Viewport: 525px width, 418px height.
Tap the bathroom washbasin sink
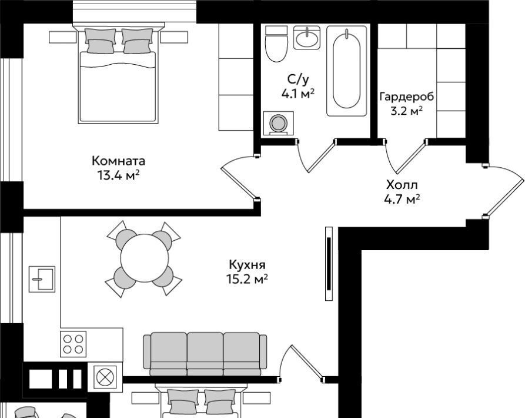tap(306, 38)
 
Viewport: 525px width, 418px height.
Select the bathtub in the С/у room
tap(346, 71)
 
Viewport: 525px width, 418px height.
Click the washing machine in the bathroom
tap(278, 124)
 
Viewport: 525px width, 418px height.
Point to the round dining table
tap(145, 258)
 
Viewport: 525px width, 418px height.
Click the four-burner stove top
tap(73, 344)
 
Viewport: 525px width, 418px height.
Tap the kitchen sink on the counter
tap(42, 279)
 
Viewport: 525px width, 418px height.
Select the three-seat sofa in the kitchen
tap(205, 354)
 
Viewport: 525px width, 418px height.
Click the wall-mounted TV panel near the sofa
tap(329, 264)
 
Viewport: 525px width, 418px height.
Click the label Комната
tap(119, 161)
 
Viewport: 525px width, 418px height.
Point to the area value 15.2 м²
tap(248, 279)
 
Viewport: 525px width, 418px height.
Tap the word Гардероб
tap(406, 97)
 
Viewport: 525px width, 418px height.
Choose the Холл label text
tap(402, 185)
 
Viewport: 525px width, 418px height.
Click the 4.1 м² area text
tap(298, 94)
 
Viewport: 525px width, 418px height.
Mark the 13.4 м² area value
tap(119, 175)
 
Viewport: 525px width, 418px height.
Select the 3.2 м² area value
tap(406, 111)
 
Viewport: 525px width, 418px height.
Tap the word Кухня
tap(247, 265)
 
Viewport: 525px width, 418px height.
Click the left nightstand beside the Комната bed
tap(63, 37)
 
